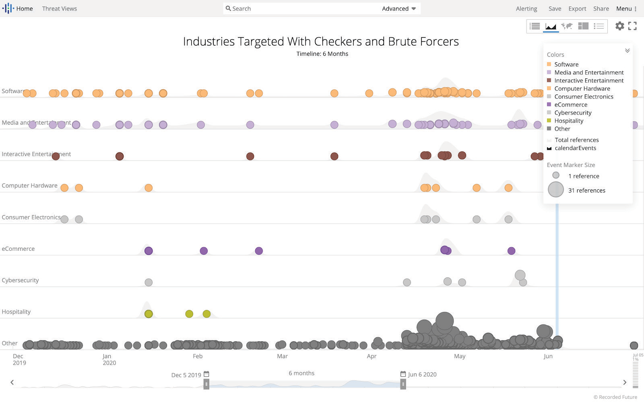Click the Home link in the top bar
[24, 8]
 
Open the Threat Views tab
[59, 8]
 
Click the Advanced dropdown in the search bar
[398, 8]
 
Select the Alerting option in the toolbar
[526, 8]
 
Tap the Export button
[577, 8]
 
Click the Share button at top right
[601, 8]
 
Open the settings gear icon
[619, 26]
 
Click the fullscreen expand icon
[632, 26]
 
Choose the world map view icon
[567, 26]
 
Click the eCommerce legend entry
[570, 105]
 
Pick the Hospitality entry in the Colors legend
[568, 121]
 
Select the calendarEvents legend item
[575, 148]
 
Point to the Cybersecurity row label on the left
[20, 280]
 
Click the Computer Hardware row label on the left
[29, 185]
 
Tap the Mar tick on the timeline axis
[282, 356]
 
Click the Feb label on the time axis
[198, 356]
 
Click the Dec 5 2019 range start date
[186, 375]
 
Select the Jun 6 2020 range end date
[422, 374]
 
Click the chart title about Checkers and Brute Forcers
[321, 41]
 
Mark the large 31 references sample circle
[556, 189]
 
